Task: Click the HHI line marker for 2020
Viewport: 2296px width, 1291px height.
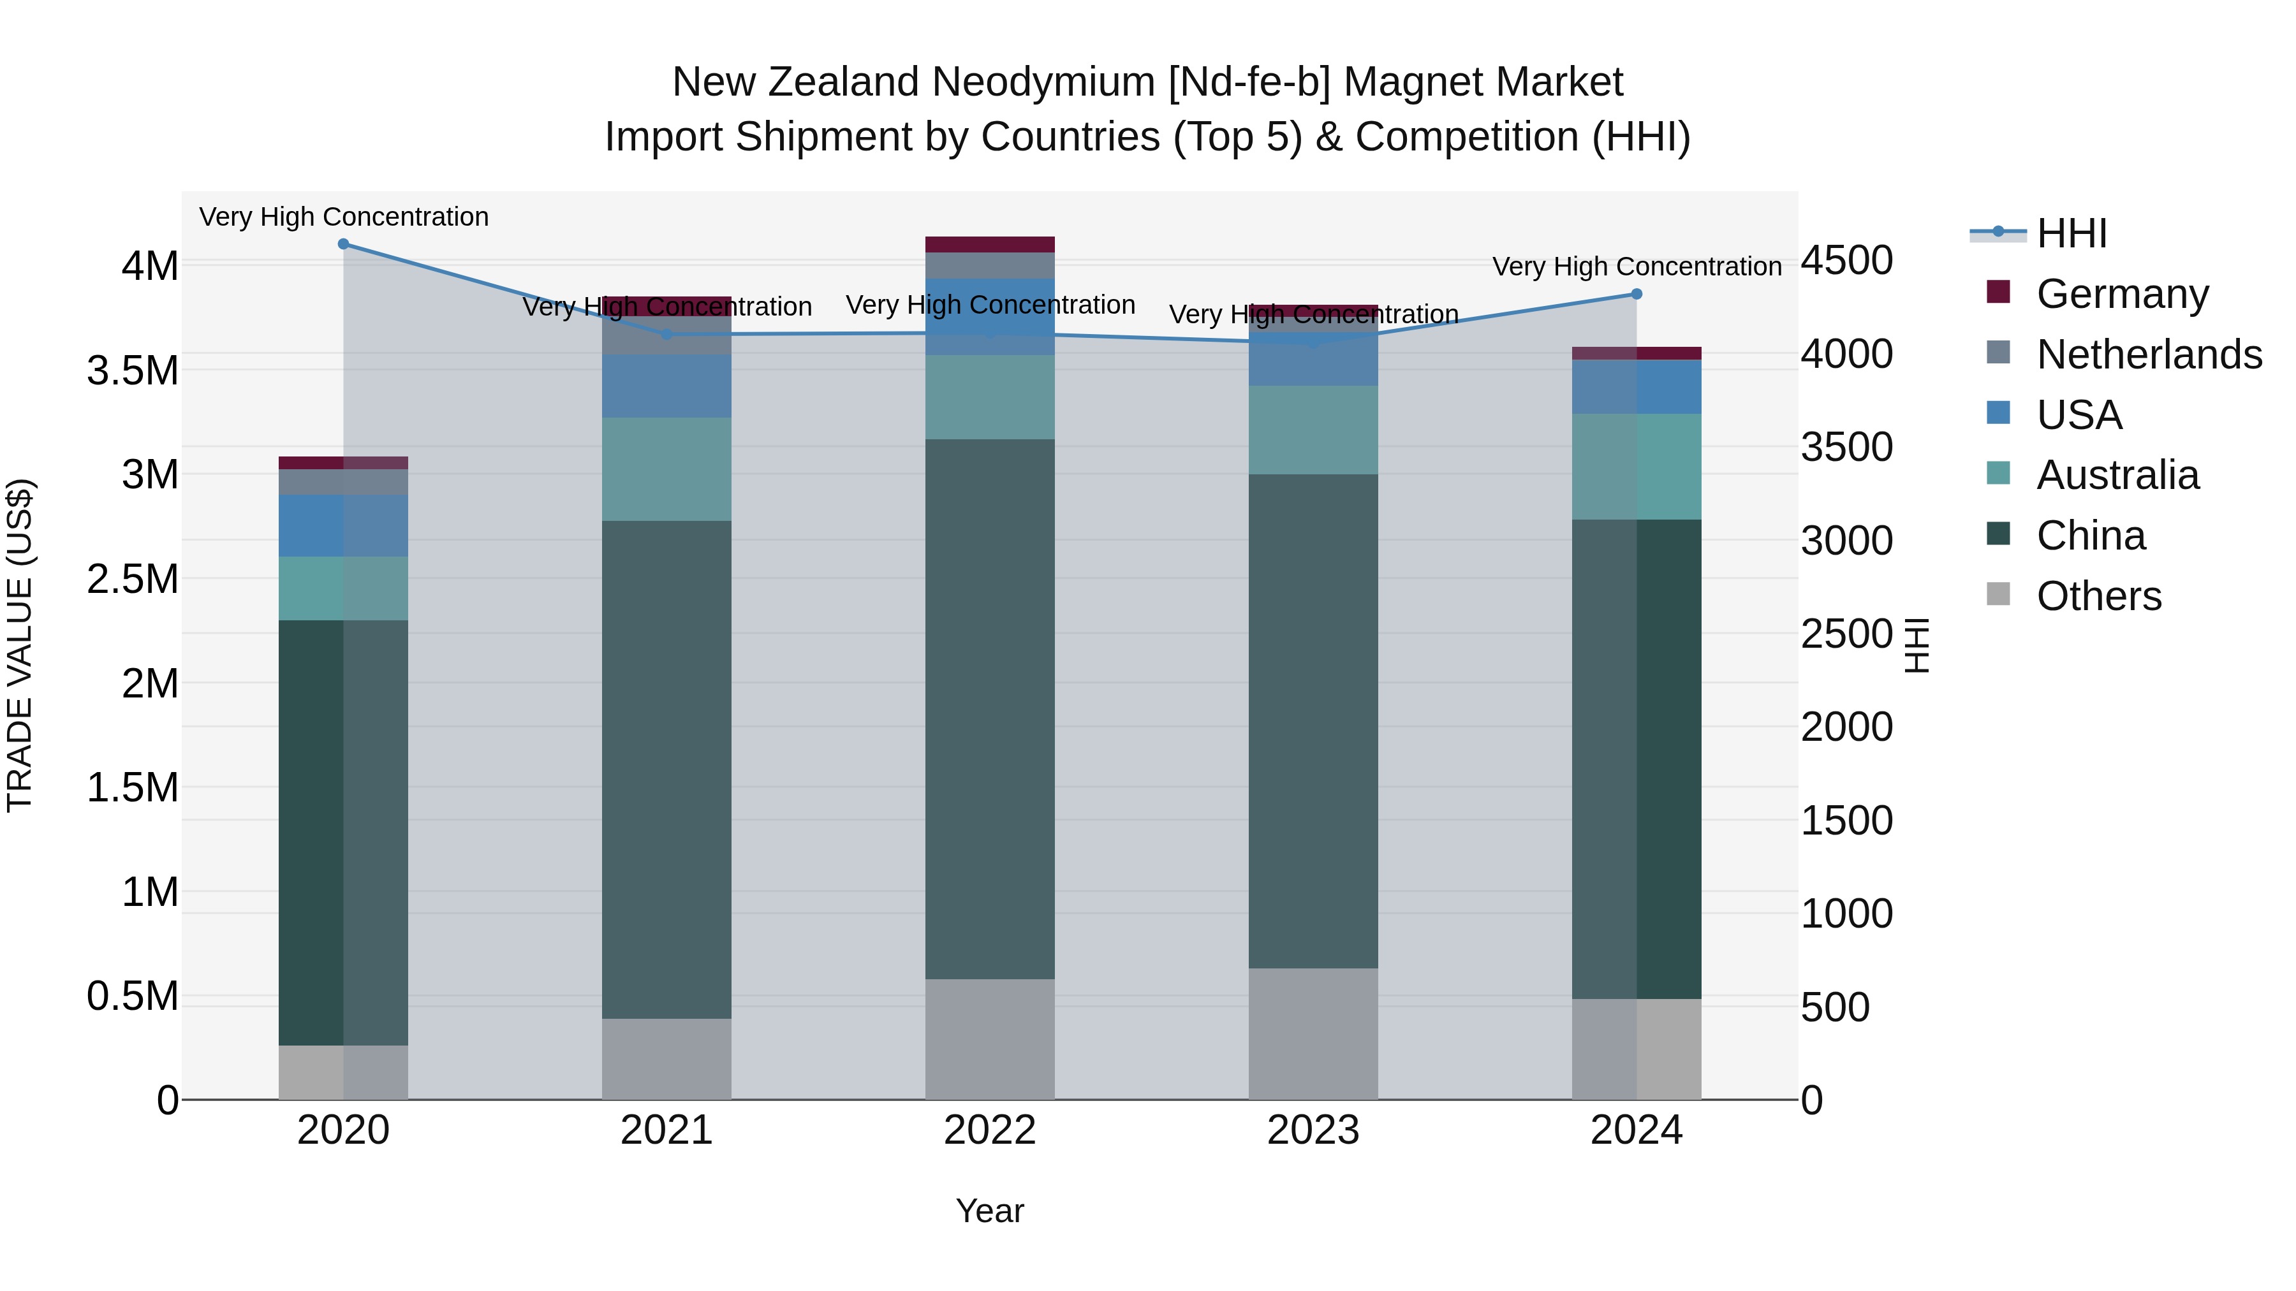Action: (x=343, y=244)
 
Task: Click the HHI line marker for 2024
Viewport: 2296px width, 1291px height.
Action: (x=1637, y=294)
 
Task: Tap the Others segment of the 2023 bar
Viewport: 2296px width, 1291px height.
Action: (x=1313, y=1033)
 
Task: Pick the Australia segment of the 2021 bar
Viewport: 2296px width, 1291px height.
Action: (x=666, y=469)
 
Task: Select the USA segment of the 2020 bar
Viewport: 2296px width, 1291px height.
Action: (x=343, y=526)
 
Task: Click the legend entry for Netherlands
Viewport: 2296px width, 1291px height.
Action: (x=2148, y=354)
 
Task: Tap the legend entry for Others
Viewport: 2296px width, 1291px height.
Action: (x=2098, y=596)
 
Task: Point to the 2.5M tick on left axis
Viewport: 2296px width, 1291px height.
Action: (x=133, y=579)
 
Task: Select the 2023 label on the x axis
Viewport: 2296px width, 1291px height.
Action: (x=1313, y=1130)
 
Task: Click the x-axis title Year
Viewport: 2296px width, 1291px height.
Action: (x=989, y=1211)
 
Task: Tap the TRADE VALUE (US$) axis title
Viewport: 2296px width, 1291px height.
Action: (x=20, y=645)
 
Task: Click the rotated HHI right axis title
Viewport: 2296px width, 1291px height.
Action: (x=1917, y=645)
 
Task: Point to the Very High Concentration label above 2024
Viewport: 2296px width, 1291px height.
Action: (x=1637, y=266)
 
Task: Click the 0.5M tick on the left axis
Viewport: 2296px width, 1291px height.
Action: (x=133, y=996)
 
